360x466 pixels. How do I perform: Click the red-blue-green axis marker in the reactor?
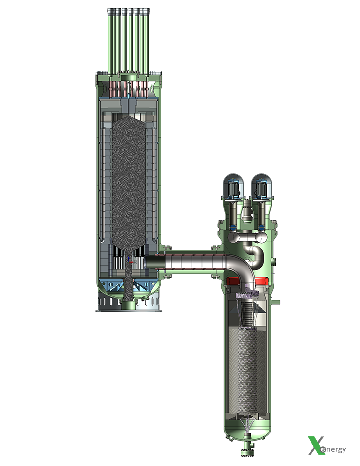(130, 261)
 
